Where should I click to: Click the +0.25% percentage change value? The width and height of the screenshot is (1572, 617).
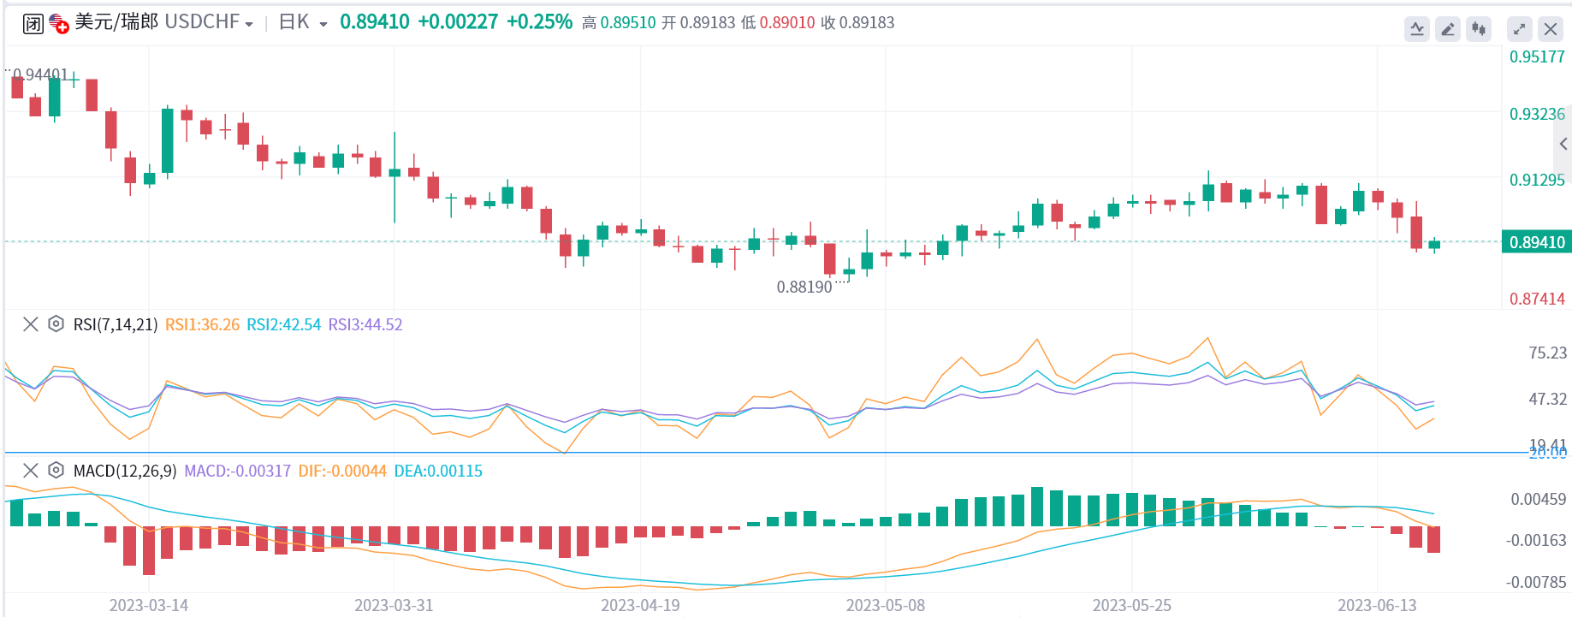tap(539, 22)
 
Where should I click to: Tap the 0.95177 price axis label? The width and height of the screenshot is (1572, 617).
tap(1536, 57)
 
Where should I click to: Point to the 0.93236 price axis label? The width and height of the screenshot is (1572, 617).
tap(1536, 115)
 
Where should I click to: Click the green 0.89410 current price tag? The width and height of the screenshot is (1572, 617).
tap(1536, 242)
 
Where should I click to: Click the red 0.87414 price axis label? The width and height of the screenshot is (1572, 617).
tap(1536, 300)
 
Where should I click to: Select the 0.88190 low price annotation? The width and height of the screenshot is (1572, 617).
tap(804, 288)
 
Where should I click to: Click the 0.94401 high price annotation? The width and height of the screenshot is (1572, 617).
tap(40, 75)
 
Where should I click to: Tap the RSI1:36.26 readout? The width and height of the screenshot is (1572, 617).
tap(202, 325)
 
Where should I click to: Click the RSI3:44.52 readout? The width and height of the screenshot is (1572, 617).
tap(365, 325)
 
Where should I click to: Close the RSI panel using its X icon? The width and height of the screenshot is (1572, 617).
tap(31, 324)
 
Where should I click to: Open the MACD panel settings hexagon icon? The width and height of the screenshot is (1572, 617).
tap(56, 471)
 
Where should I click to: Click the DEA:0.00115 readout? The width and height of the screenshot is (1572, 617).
tap(437, 472)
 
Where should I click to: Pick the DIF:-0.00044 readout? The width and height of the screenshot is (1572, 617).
tap(341, 472)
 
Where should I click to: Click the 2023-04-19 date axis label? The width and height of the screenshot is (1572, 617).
tap(640, 606)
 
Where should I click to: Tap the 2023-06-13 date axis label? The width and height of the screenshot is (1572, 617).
tap(1377, 606)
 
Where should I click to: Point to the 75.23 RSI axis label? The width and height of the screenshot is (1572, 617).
tap(1547, 353)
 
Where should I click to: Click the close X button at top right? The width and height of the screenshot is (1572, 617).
tap(1550, 29)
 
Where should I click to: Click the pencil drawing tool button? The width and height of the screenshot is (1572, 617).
tap(1447, 29)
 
